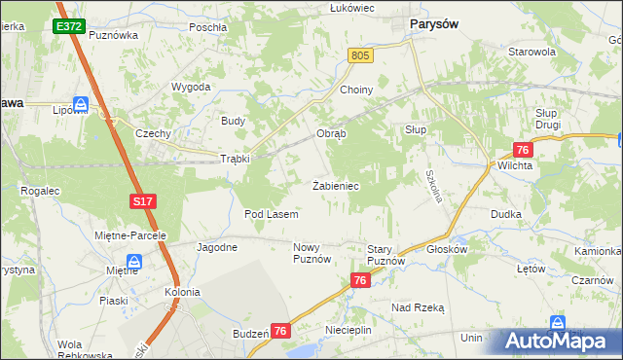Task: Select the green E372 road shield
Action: [x=69, y=27]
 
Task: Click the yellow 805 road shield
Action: [x=360, y=57]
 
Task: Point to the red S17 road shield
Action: [x=143, y=200]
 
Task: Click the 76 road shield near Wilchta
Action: [x=523, y=149]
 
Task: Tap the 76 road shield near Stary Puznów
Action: [x=361, y=280]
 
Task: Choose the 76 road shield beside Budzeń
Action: [x=280, y=331]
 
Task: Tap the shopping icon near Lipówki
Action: [x=82, y=104]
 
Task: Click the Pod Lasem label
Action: [x=271, y=213]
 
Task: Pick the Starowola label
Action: [x=531, y=52]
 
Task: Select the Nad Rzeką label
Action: [x=418, y=307]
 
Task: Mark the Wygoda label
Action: [x=192, y=87]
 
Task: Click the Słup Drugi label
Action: [x=552, y=120]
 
